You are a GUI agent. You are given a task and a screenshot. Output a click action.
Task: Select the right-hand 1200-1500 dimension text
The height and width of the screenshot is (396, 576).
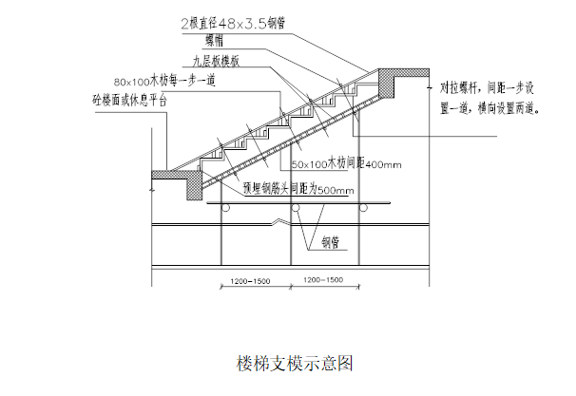(323, 282)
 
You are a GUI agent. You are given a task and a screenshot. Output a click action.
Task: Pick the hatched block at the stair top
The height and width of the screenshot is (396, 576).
(387, 83)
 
